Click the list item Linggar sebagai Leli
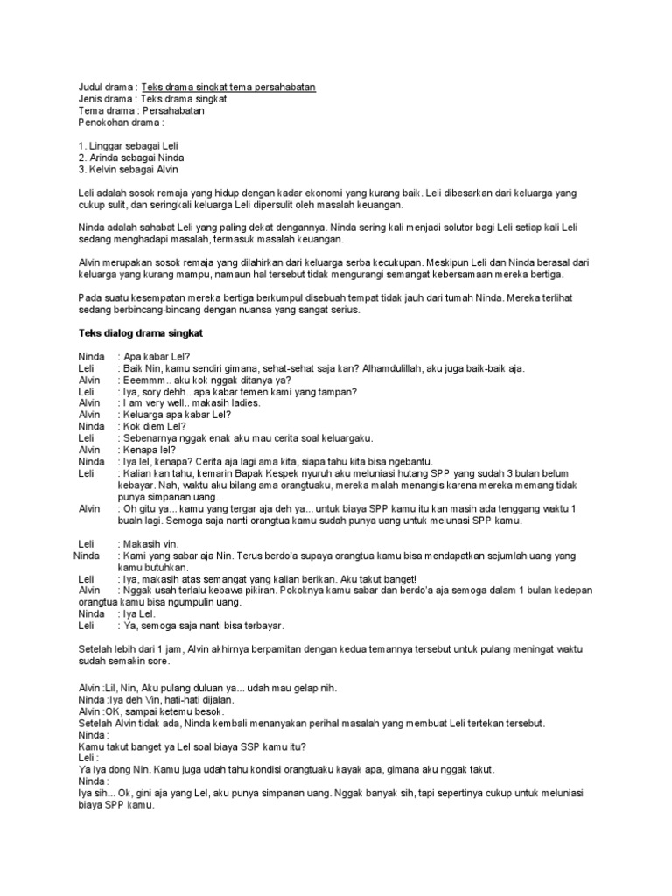coord(133,145)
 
